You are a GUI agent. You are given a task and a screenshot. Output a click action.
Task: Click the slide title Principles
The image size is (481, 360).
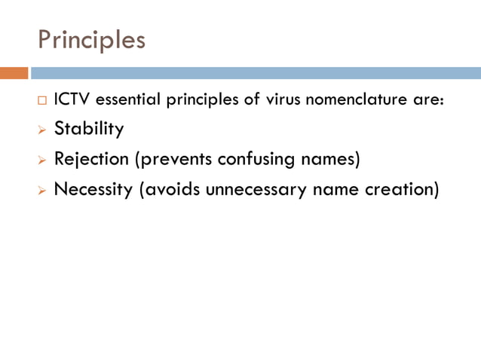click(x=91, y=39)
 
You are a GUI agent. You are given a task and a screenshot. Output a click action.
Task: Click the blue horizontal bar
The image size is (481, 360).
click(x=256, y=73)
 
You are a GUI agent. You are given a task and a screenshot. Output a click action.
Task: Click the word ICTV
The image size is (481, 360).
click(x=69, y=100)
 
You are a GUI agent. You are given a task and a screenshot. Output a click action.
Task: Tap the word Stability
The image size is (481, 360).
click(x=89, y=129)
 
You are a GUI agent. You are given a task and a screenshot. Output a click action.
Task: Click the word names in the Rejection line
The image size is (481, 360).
click(x=329, y=160)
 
